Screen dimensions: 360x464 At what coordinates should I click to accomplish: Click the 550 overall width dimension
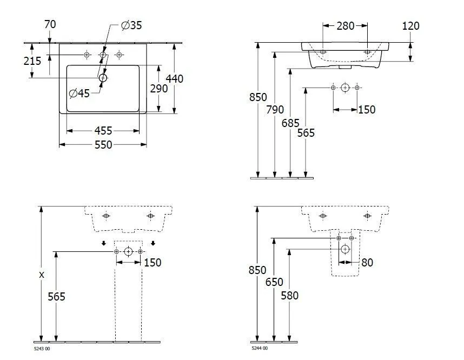coord(103,145)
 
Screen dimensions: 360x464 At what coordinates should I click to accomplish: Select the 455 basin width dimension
coord(103,130)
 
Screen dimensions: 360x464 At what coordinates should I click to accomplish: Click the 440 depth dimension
coord(174,79)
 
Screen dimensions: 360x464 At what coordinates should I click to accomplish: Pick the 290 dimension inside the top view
coord(158,89)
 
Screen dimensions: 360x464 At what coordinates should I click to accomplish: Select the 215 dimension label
coord(32,61)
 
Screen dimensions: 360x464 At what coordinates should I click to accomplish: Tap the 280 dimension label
coord(345,26)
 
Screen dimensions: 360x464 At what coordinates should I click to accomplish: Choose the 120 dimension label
coord(411,26)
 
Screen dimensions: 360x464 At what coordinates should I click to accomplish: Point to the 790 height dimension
coord(275,110)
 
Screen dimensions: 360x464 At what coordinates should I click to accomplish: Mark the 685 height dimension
coord(290,123)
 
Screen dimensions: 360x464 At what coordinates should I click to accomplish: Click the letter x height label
coord(41,275)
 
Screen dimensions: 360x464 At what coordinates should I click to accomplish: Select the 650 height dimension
coord(275,282)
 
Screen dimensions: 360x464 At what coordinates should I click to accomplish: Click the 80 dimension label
coord(367,263)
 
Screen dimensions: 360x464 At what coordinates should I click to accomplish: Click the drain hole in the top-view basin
coord(103,78)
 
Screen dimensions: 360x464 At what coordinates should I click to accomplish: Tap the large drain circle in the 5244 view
coord(345,249)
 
